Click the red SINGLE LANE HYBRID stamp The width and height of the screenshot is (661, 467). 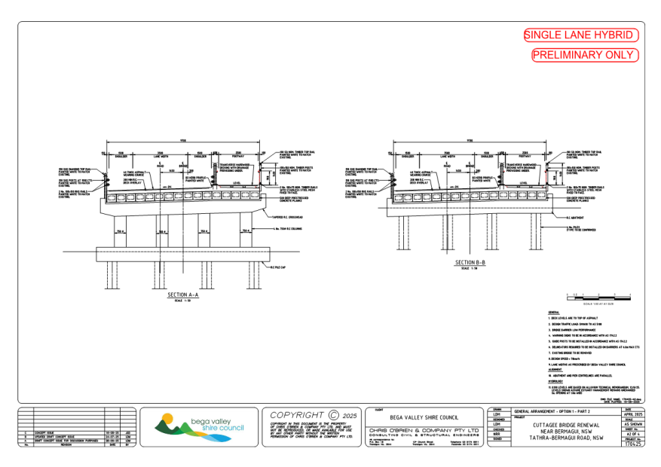pos(582,35)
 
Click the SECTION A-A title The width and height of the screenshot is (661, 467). pos(183,295)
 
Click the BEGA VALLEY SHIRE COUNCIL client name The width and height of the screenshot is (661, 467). pos(424,416)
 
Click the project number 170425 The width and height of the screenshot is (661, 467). pos(633,444)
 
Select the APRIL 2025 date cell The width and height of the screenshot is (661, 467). pos(633,414)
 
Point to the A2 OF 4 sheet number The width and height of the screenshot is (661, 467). pos(633,434)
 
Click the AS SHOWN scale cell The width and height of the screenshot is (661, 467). pos(633,424)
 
